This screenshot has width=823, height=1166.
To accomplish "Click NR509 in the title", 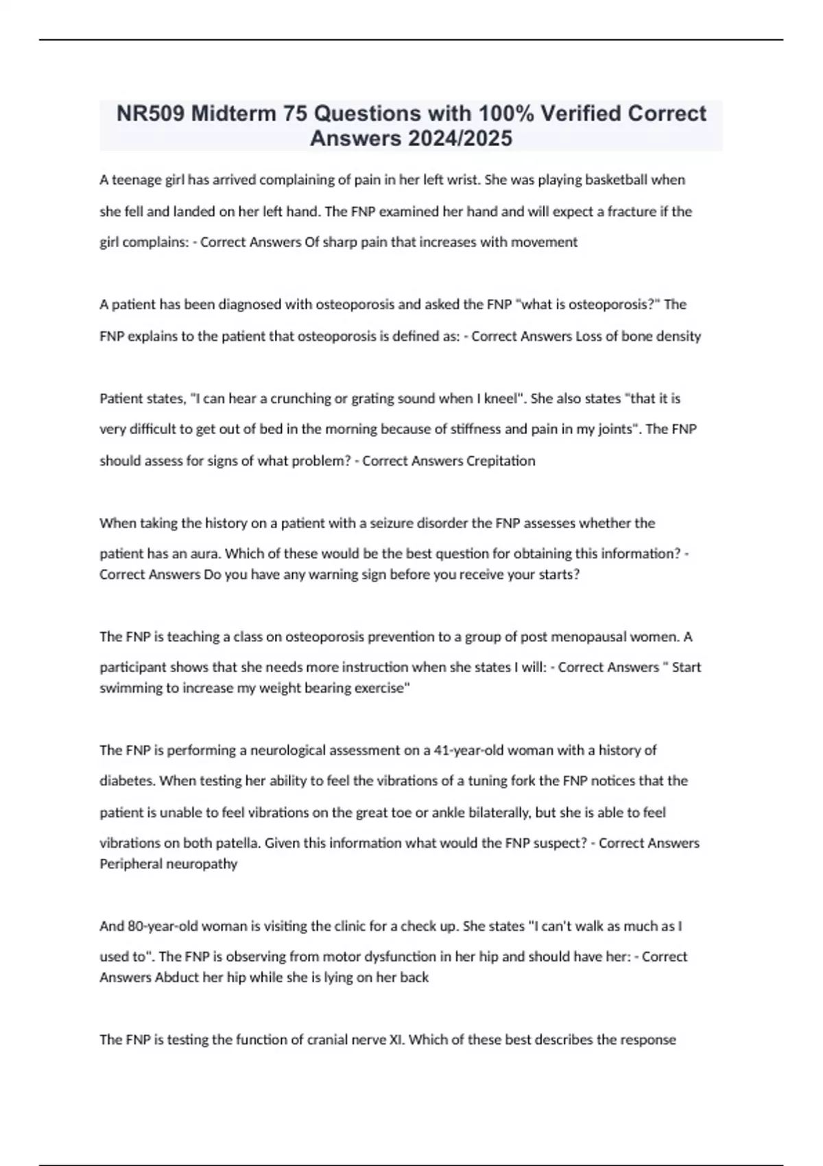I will pos(150,113).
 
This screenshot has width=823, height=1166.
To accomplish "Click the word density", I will pos(679,336).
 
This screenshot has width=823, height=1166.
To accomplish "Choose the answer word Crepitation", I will pos(501,461).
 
